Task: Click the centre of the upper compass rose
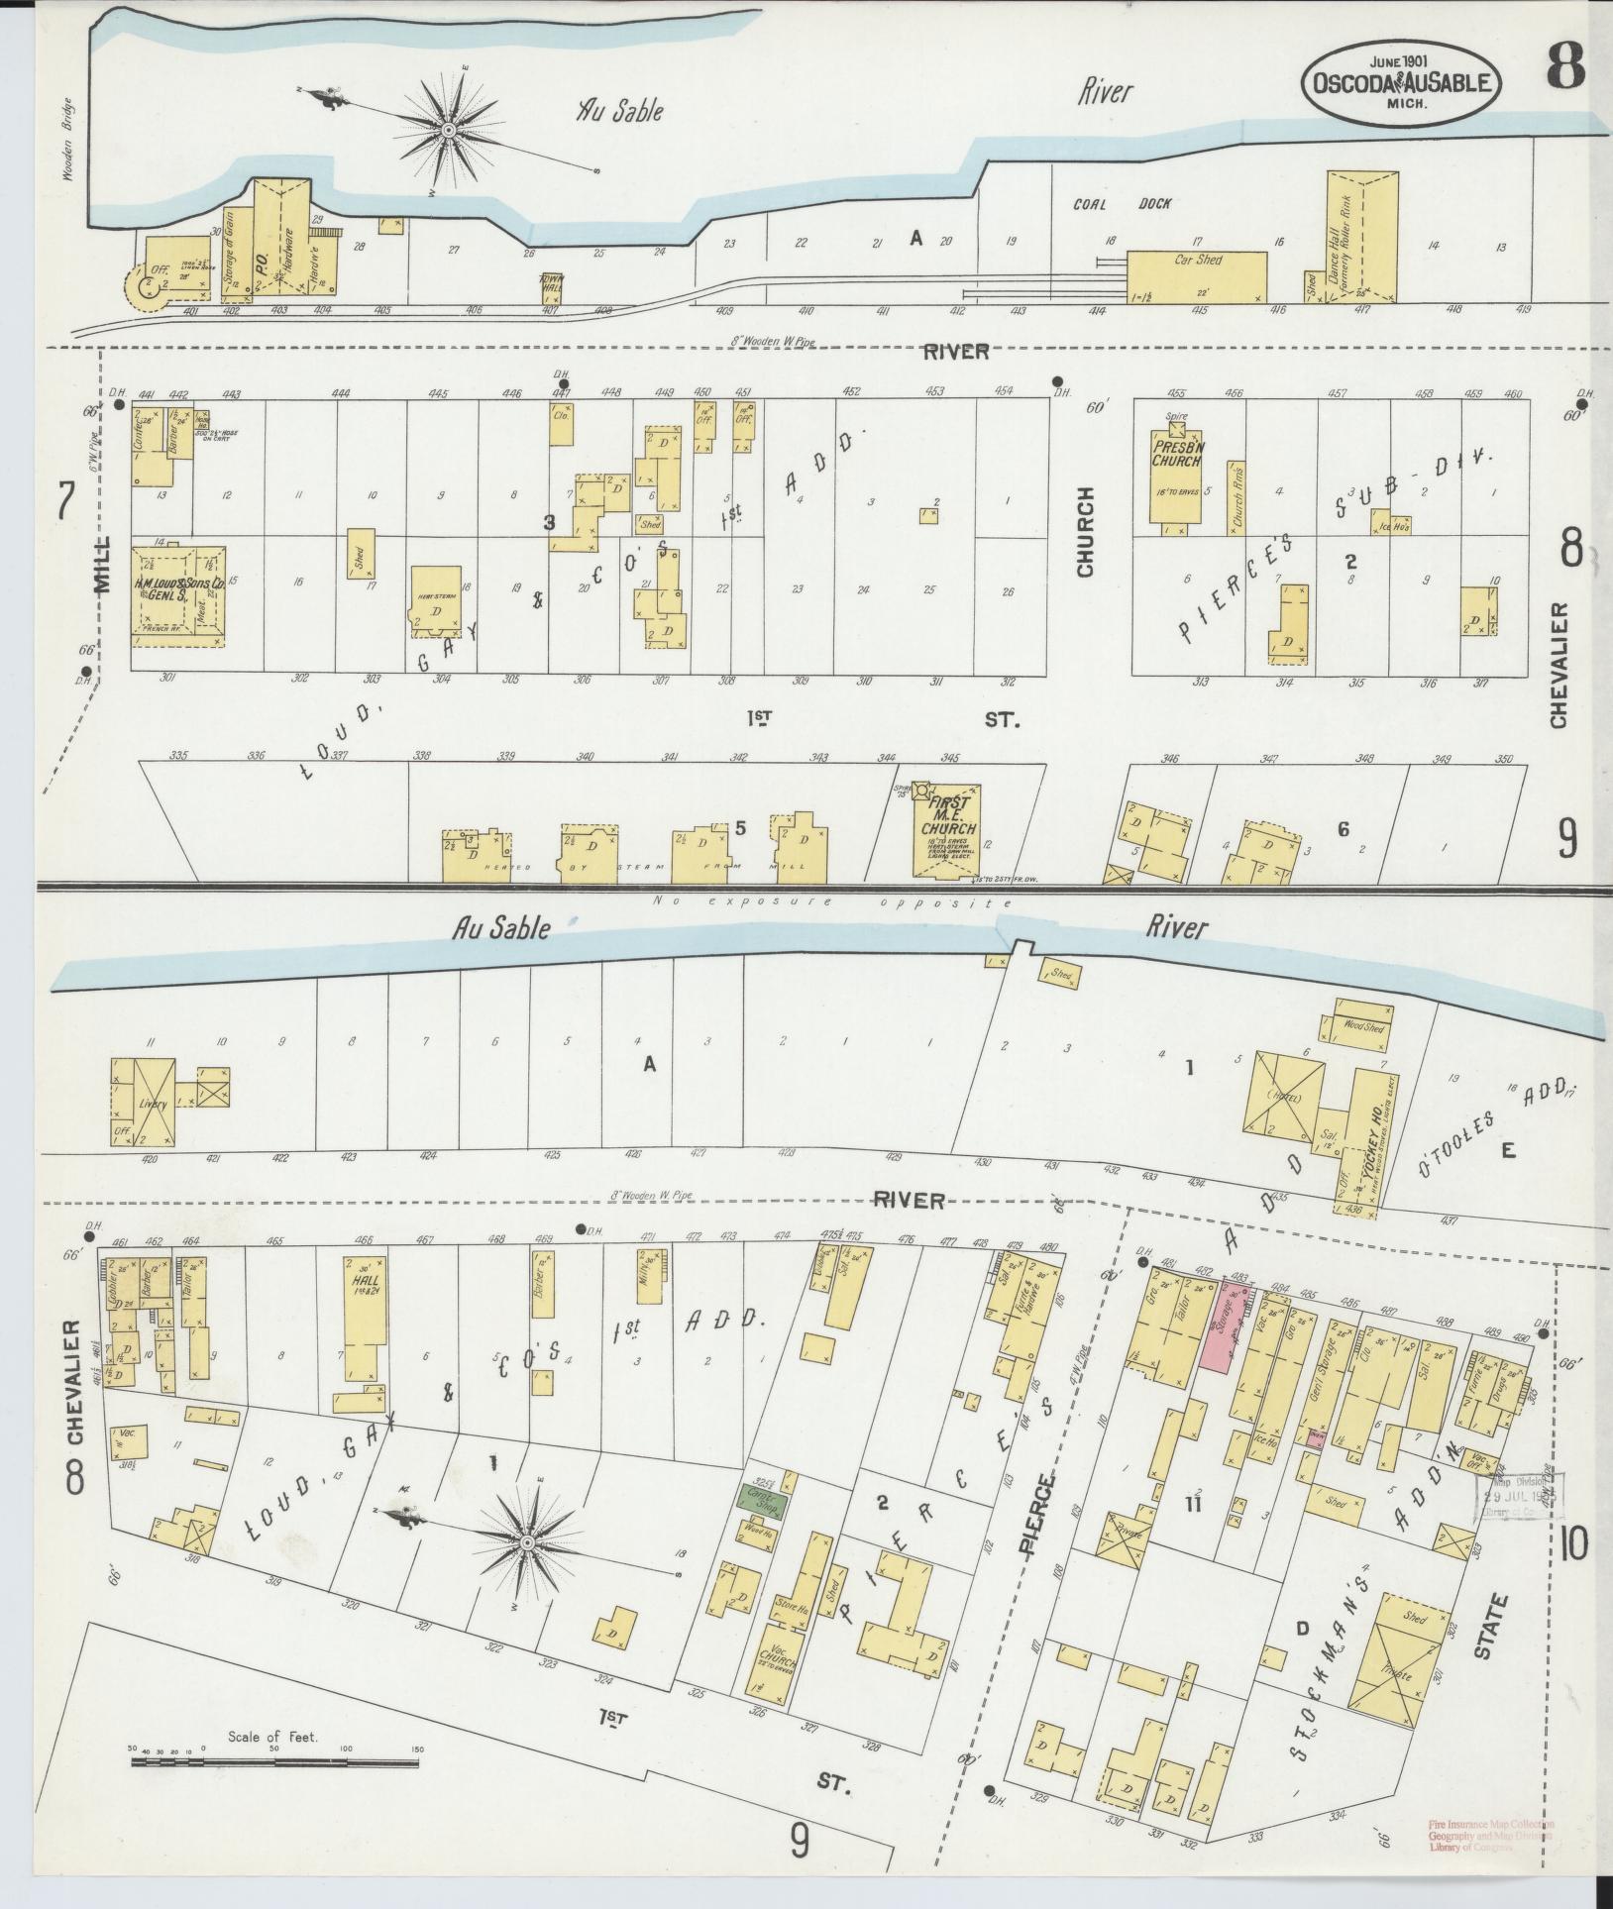click(x=448, y=130)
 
